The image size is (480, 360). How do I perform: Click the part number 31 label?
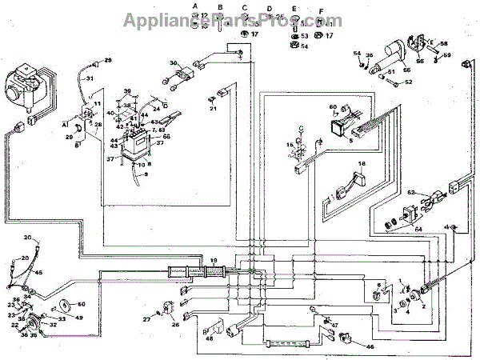coord(90,78)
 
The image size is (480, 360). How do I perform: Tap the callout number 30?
coord(173,63)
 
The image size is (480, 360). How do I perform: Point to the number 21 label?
coord(213,109)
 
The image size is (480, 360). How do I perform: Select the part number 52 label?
coord(407,82)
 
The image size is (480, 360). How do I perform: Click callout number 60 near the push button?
coord(334,106)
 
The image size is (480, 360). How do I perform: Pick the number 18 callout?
coord(362,163)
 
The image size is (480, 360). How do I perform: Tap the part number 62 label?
coord(410,193)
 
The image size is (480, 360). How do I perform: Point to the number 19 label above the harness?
coord(213,260)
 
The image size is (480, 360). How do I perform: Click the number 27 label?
coord(146,319)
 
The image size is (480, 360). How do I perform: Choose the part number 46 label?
coord(369,347)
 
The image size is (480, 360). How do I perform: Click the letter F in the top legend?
coord(320,12)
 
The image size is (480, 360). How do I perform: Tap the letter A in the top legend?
coord(194,6)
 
